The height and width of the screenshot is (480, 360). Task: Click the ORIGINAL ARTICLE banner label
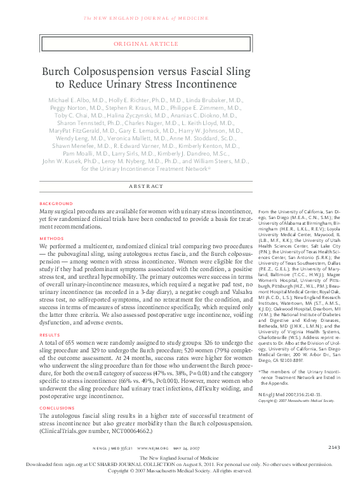[x=145, y=44]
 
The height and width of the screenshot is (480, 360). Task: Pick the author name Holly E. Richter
[x=137, y=100]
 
